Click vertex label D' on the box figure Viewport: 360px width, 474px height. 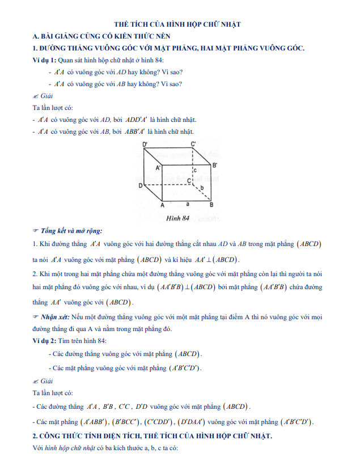[146, 145]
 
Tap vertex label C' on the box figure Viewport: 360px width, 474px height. [193, 145]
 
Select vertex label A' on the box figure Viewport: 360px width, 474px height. [158, 168]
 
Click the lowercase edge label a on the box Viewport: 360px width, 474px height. [187, 202]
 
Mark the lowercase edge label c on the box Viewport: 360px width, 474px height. [195, 170]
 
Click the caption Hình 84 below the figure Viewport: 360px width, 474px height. [177, 217]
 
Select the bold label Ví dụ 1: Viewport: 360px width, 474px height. [45, 60]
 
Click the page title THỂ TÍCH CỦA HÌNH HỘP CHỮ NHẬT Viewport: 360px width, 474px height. [177, 24]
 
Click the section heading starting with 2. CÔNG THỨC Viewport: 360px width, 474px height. [153, 436]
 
